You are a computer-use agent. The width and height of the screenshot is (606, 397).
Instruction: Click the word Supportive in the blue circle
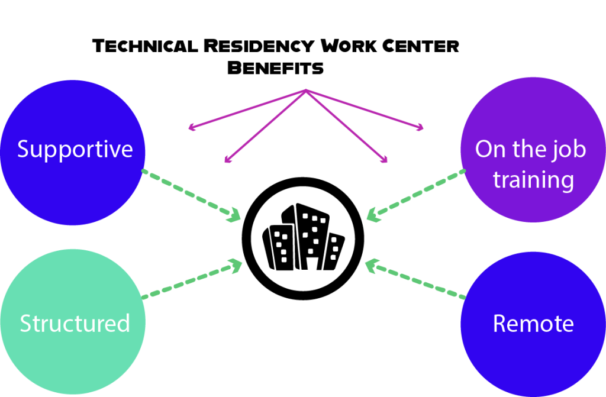tap(75, 150)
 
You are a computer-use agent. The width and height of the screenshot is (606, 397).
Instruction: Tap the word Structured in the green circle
tap(75, 323)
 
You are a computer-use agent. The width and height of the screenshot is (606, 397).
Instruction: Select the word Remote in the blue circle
tap(533, 324)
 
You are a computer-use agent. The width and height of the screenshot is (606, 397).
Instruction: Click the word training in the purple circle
tap(533, 180)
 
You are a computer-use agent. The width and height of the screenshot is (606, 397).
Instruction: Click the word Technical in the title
tap(146, 46)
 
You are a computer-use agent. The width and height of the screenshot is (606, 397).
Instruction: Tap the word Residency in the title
tap(259, 46)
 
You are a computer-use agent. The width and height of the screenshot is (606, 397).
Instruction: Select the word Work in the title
tap(349, 46)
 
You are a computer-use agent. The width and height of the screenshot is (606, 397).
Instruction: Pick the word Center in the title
tap(421, 46)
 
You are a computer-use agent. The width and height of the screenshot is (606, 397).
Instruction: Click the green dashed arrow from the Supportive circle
tap(191, 195)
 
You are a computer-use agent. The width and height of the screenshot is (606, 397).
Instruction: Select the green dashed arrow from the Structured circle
tap(192, 279)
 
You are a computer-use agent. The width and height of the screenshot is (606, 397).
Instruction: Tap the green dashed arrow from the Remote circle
tap(415, 278)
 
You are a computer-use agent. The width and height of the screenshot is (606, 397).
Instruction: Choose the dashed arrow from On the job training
tap(416, 195)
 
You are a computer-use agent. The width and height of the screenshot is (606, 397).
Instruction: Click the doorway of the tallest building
tap(312, 262)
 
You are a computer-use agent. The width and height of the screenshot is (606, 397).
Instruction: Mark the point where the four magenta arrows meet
tap(306, 90)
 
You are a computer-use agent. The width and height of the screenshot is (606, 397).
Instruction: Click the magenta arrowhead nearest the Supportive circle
tap(191, 128)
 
